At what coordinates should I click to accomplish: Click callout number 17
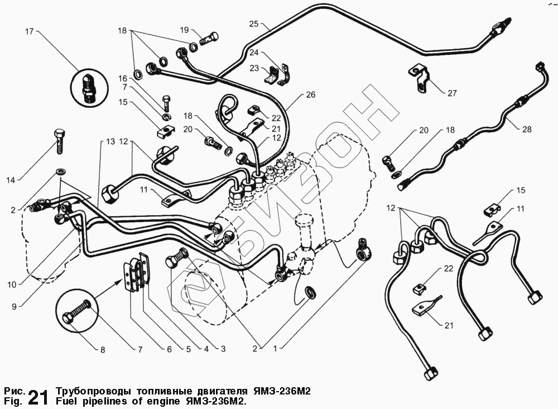point(30,32)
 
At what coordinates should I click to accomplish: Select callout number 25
point(254,24)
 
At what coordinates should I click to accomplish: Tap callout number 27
point(453,93)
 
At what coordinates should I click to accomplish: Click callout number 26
point(310,95)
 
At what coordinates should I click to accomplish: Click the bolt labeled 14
point(60,140)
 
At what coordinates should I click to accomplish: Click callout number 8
point(102,350)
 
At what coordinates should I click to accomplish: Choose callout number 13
point(104,142)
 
